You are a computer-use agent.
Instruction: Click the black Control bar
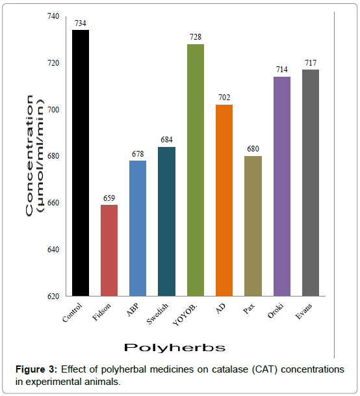[81, 163]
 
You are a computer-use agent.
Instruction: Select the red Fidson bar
[109, 250]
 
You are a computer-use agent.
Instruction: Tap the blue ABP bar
[138, 228]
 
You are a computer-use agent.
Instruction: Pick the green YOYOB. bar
[195, 170]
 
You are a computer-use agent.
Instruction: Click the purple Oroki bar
[281, 186]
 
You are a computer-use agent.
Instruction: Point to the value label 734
[81, 23]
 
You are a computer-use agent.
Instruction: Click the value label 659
[109, 198]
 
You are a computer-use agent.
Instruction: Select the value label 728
[195, 37]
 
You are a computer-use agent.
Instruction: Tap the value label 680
[253, 149]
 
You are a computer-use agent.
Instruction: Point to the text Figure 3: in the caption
[36, 369]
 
